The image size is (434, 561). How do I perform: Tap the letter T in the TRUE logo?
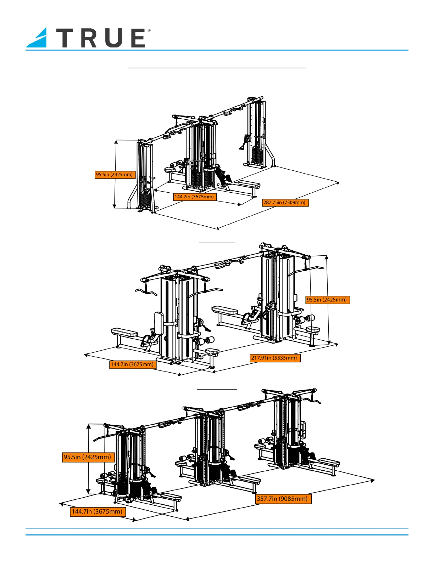(x=66, y=38)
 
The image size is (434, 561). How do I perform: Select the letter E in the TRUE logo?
(x=138, y=38)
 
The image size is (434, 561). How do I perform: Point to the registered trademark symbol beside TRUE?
(x=149, y=30)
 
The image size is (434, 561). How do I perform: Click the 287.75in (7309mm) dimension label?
(x=285, y=202)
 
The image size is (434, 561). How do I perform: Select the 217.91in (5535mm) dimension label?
(x=275, y=358)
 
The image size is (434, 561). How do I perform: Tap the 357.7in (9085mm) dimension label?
(x=283, y=499)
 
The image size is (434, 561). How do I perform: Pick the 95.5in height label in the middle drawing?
(x=328, y=300)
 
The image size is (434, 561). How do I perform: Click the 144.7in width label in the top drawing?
(x=195, y=197)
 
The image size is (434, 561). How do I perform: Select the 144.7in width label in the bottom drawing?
(x=98, y=511)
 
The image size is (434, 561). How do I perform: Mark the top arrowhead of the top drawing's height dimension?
(x=116, y=141)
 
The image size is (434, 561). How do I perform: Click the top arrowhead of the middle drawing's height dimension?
(x=327, y=257)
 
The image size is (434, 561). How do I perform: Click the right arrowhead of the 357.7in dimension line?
(x=372, y=481)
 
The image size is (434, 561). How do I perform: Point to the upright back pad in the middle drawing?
(x=159, y=323)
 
